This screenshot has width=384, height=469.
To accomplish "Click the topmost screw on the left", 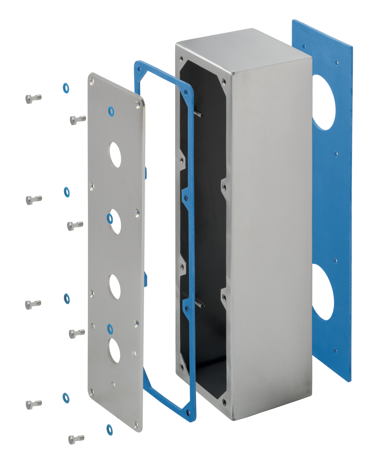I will (33, 98).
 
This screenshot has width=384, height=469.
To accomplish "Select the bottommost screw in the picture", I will (76, 439).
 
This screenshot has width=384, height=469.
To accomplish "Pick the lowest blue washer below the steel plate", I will (109, 429).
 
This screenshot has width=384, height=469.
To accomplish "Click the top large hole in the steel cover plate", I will (115, 155).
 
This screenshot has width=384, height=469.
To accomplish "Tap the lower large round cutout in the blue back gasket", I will (322, 292).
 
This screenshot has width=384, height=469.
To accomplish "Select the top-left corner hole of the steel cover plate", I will (91, 80).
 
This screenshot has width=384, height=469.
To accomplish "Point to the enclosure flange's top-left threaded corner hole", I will (181, 58).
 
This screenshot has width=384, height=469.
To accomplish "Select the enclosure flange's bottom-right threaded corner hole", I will (224, 402).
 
